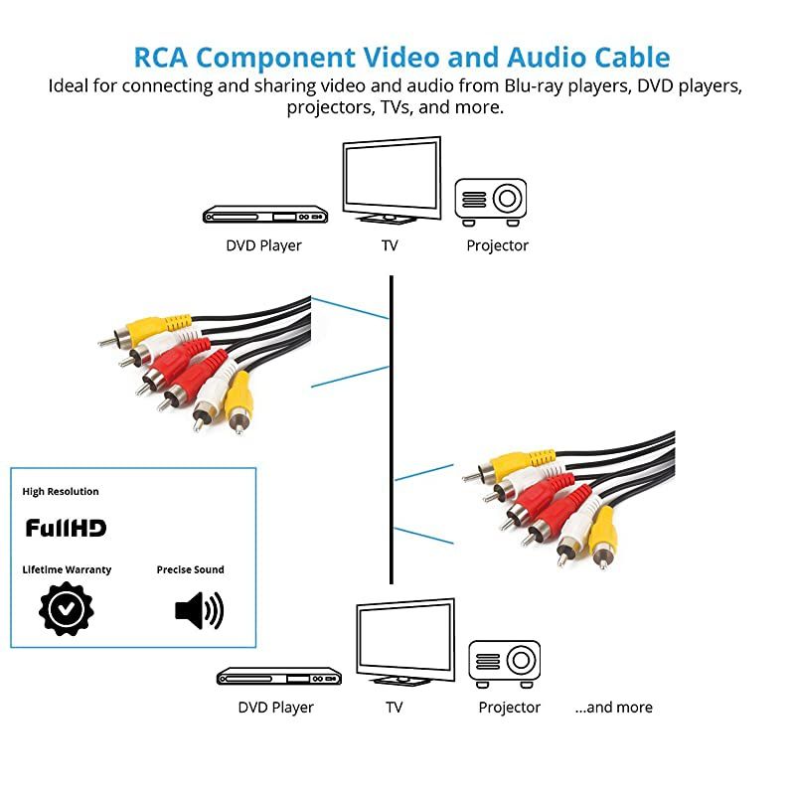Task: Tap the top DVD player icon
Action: pos(264,214)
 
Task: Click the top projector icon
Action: pos(491,199)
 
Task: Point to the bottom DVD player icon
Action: pos(278,676)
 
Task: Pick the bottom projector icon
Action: pos(505,661)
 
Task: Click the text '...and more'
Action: pos(613,708)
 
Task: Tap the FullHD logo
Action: pos(66,528)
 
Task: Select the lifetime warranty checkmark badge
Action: pos(66,608)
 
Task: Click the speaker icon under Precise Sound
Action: pos(199,609)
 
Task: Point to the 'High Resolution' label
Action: pos(61,491)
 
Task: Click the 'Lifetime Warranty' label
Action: pos(67,569)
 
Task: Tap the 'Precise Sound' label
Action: pos(190,569)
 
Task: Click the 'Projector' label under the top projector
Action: pos(497,245)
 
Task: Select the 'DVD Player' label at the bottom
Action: pos(275,708)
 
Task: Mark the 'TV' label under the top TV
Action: pos(390,245)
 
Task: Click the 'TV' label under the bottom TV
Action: pos(395,708)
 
